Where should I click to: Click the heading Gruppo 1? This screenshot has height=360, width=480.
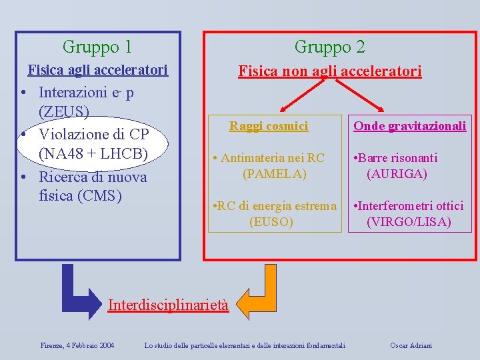(x=97, y=47)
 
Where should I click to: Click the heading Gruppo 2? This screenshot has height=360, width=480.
(x=329, y=47)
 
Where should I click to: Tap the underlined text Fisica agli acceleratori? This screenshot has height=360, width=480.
(x=97, y=70)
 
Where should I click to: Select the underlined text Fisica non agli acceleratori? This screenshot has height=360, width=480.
(x=330, y=71)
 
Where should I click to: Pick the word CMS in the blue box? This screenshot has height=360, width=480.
(x=100, y=196)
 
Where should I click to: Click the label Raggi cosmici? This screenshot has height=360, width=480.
(x=269, y=125)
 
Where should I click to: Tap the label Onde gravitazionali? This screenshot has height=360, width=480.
(x=409, y=126)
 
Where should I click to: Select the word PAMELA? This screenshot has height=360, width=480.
(x=275, y=174)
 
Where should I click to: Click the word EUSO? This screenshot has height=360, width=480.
(x=271, y=222)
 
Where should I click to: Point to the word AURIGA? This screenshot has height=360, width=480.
(x=397, y=174)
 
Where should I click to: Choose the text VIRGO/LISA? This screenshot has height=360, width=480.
(x=409, y=222)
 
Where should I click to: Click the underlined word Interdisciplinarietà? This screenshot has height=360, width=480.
(x=168, y=305)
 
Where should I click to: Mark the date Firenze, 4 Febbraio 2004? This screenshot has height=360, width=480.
(x=77, y=345)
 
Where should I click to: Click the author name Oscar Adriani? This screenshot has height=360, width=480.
(x=412, y=345)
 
